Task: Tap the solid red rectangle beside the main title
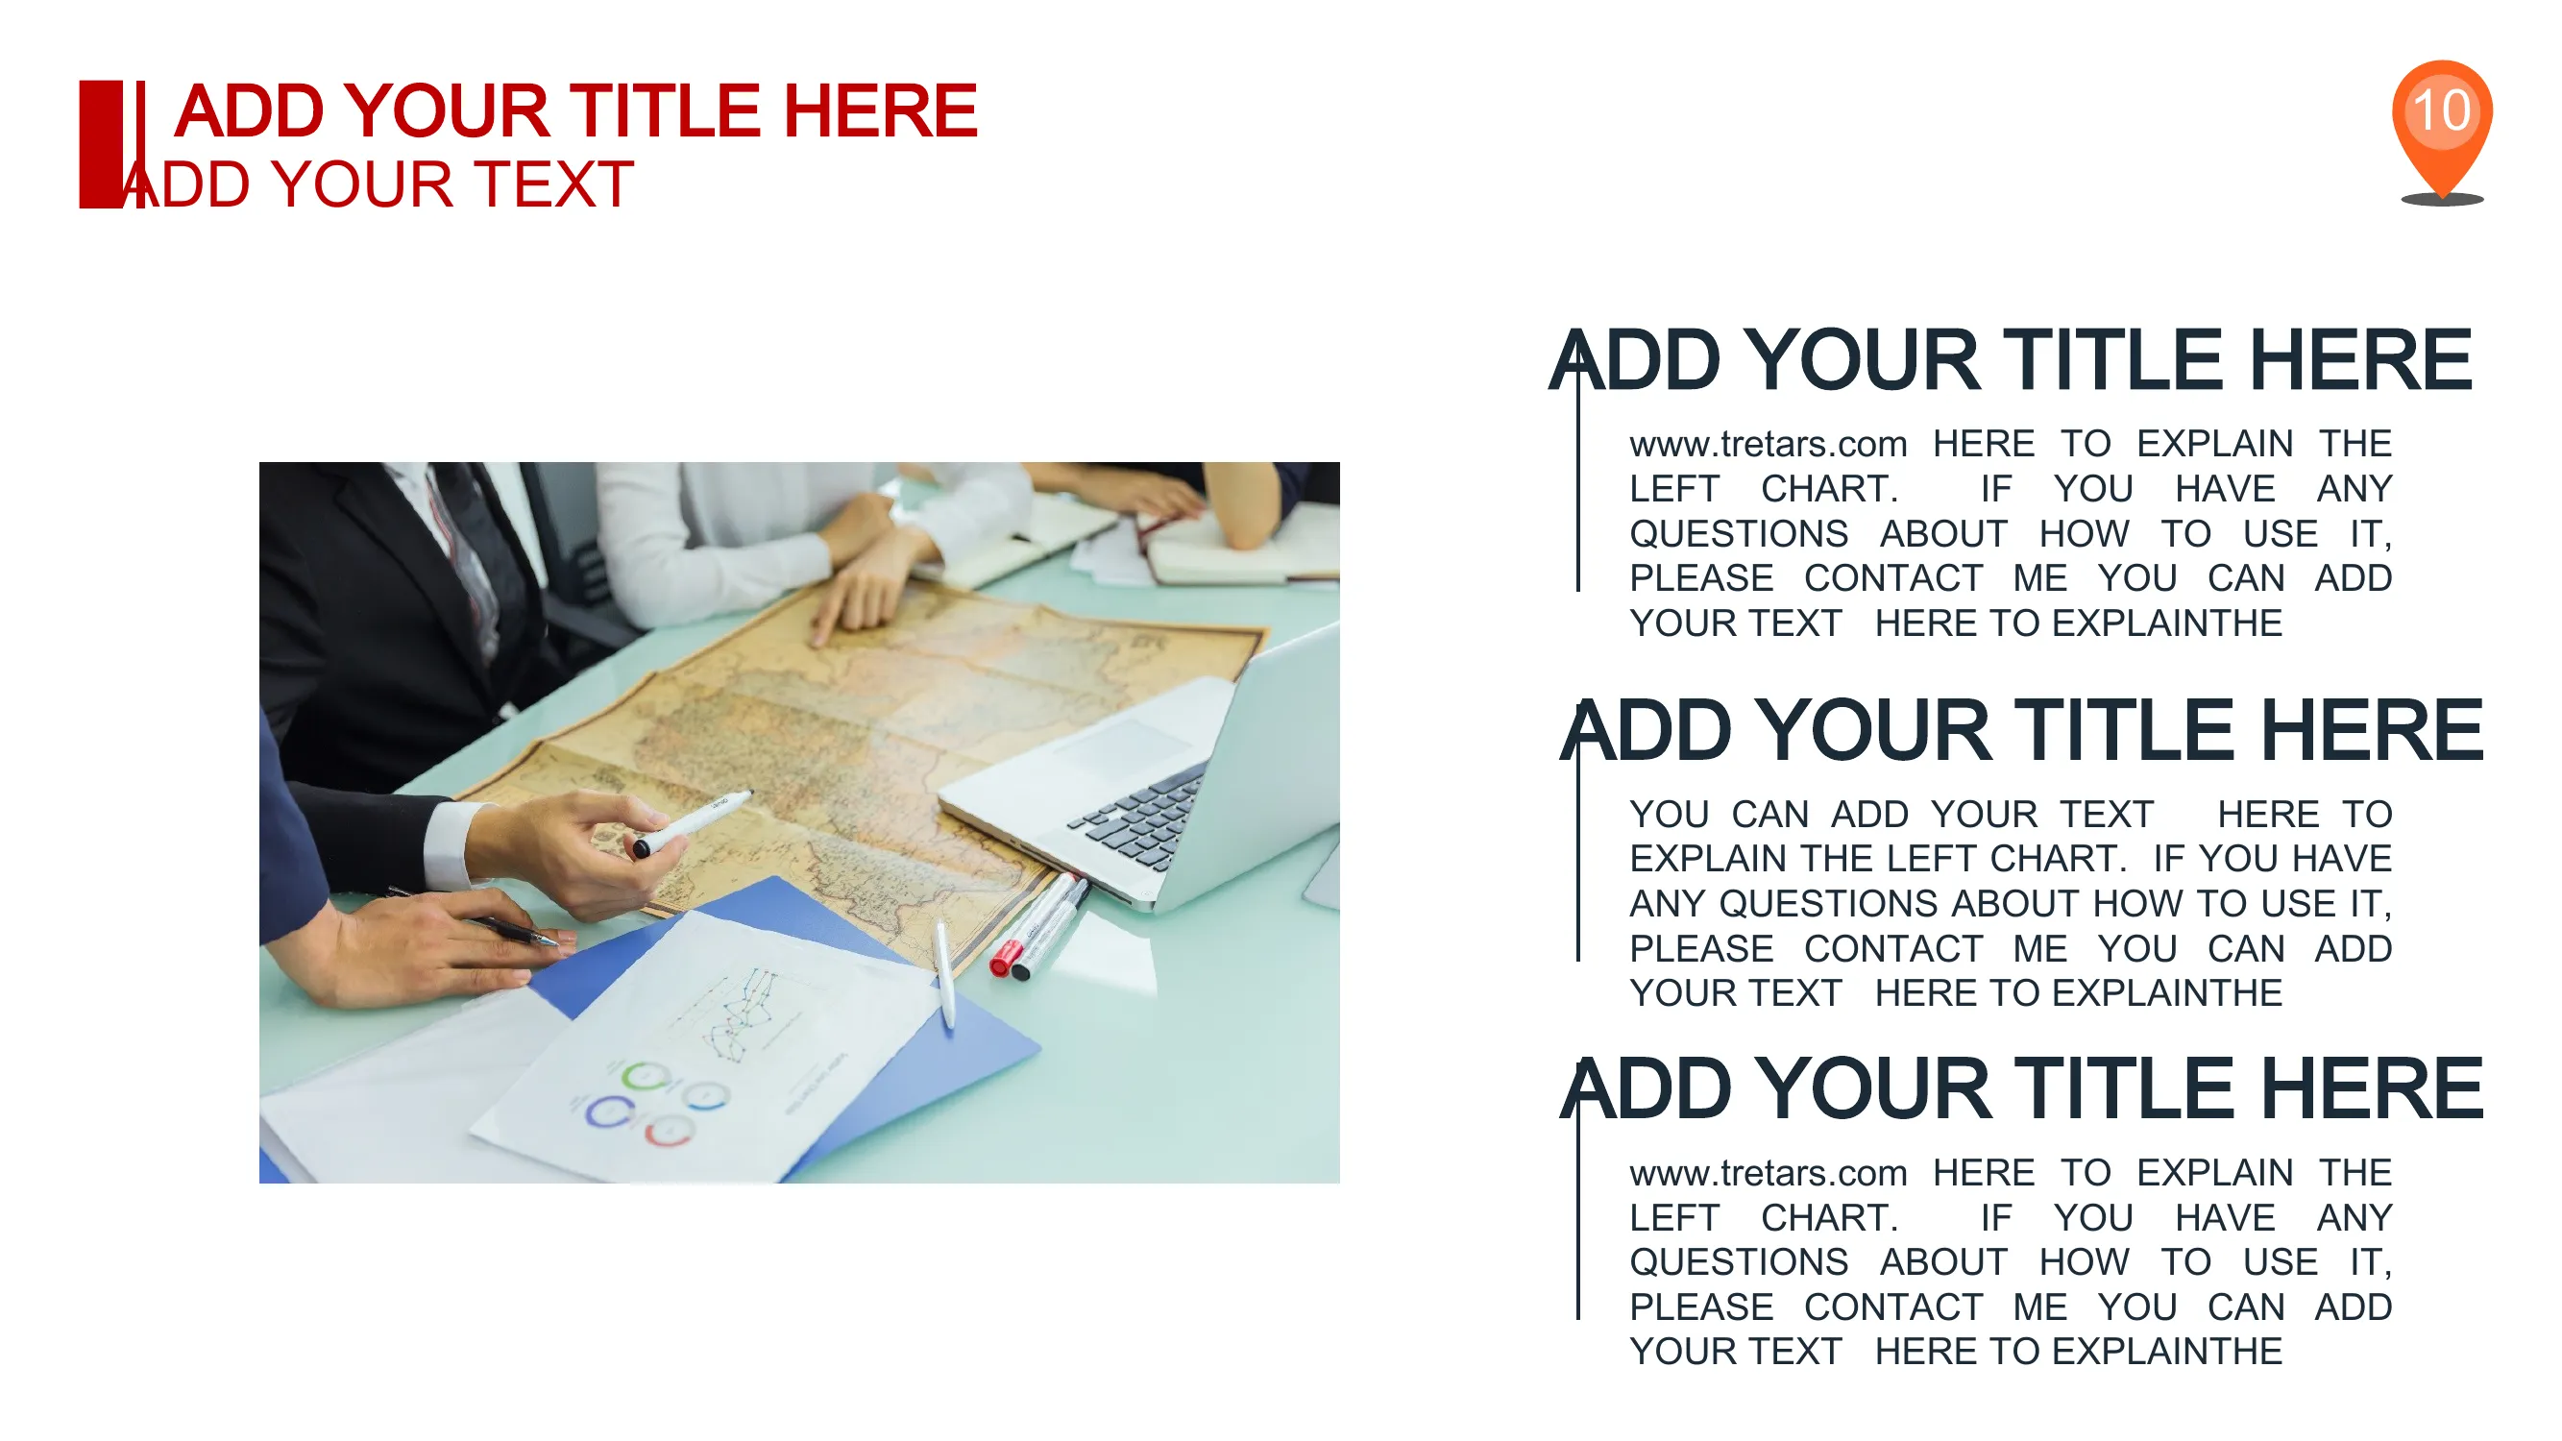[102, 144]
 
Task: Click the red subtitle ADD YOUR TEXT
[378, 184]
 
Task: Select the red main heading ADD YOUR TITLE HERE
[575, 110]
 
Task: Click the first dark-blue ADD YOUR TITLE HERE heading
[2010, 360]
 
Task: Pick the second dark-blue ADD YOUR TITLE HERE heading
[2021, 730]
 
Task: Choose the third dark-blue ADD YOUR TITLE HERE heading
[2021, 1089]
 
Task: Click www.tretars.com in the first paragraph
[1769, 444]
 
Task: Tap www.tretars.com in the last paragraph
[1769, 1174]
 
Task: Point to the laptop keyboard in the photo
[1142, 813]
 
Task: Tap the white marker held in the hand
[693, 822]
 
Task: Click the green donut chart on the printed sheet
[645, 1076]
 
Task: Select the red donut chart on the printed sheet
[669, 1131]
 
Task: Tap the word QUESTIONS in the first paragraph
[1739, 534]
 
